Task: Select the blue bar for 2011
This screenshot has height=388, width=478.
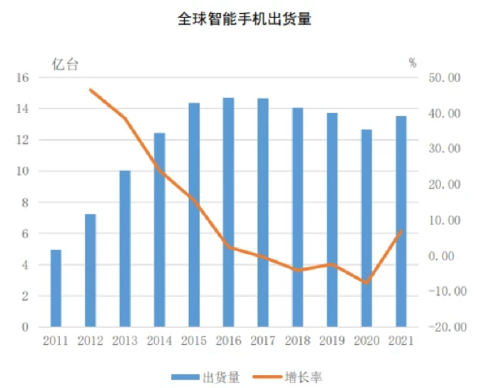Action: click(x=56, y=288)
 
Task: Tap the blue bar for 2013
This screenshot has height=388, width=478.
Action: click(x=125, y=248)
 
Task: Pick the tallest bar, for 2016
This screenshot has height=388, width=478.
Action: click(x=228, y=212)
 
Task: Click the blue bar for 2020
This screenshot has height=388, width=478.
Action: click(x=366, y=228)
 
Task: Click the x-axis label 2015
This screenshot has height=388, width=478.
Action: click(x=194, y=341)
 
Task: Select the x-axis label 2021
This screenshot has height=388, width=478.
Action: click(x=401, y=341)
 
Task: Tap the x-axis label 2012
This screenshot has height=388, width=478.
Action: click(x=90, y=341)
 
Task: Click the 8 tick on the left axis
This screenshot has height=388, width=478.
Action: click(x=26, y=202)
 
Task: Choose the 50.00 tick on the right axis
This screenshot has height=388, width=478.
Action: click(x=445, y=78)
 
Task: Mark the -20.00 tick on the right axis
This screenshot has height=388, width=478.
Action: click(x=445, y=327)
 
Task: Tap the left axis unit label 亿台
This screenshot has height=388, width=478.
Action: click(x=65, y=65)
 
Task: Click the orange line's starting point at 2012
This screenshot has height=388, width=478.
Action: click(x=91, y=90)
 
